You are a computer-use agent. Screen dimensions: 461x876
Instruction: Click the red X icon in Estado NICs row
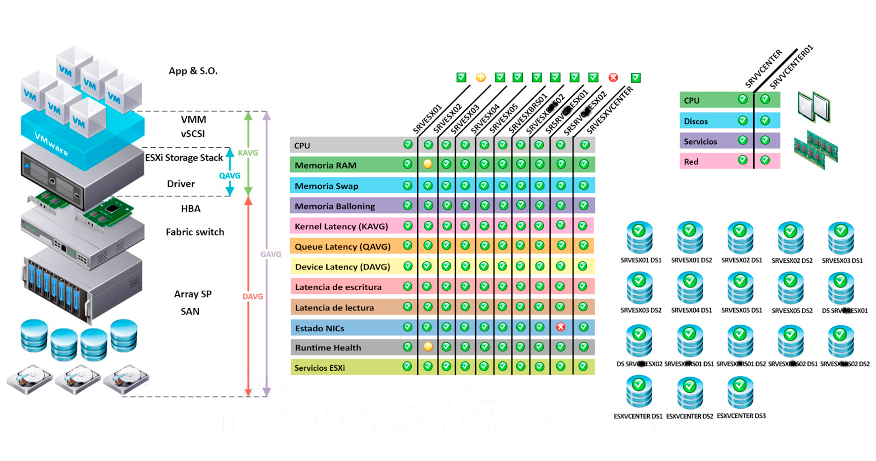(x=561, y=327)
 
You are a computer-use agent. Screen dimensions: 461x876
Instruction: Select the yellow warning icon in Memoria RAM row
(x=428, y=164)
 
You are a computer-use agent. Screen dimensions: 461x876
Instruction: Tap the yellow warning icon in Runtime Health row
(x=428, y=347)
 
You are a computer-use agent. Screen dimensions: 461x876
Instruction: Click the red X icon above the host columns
(x=613, y=78)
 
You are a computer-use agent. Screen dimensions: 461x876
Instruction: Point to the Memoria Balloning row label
(x=335, y=206)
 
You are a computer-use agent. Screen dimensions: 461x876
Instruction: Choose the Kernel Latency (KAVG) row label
(x=341, y=226)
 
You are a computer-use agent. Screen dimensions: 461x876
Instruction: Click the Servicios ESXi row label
(x=320, y=368)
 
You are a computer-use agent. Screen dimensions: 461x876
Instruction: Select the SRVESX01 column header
(x=427, y=119)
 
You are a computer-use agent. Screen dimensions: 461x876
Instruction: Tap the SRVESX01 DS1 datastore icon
(x=639, y=237)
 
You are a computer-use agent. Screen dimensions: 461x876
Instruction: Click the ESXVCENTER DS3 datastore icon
(x=740, y=393)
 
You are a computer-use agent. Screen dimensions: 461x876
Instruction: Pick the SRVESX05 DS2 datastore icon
(x=791, y=289)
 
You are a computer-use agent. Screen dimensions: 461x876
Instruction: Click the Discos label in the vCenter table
(x=696, y=122)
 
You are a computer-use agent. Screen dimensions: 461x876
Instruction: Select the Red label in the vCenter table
(x=691, y=162)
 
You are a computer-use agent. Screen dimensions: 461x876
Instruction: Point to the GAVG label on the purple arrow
(x=270, y=255)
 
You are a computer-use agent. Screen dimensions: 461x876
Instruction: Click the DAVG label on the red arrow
(x=252, y=297)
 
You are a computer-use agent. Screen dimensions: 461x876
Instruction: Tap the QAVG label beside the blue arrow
(x=229, y=176)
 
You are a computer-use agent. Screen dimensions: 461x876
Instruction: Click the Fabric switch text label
(x=195, y=232)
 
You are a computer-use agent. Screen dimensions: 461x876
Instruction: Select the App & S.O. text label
(x=193, y=71)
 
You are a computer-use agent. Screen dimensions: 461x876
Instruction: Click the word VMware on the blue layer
(x=51, y=143)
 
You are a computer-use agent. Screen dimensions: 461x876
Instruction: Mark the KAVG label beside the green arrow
(x=247, y=153)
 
